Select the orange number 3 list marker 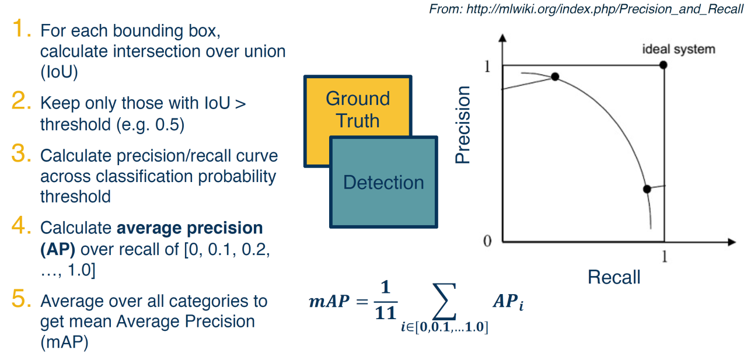pos(22,155)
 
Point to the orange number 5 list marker pos(22,300)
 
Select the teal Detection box pos(383,183)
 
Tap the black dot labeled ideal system pos(663,64)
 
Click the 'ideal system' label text pos(678,49)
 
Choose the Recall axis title pos(613,277)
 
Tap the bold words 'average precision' pos(190,228)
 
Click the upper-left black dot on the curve pos(555,76)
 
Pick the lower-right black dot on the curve pos(647,189)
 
